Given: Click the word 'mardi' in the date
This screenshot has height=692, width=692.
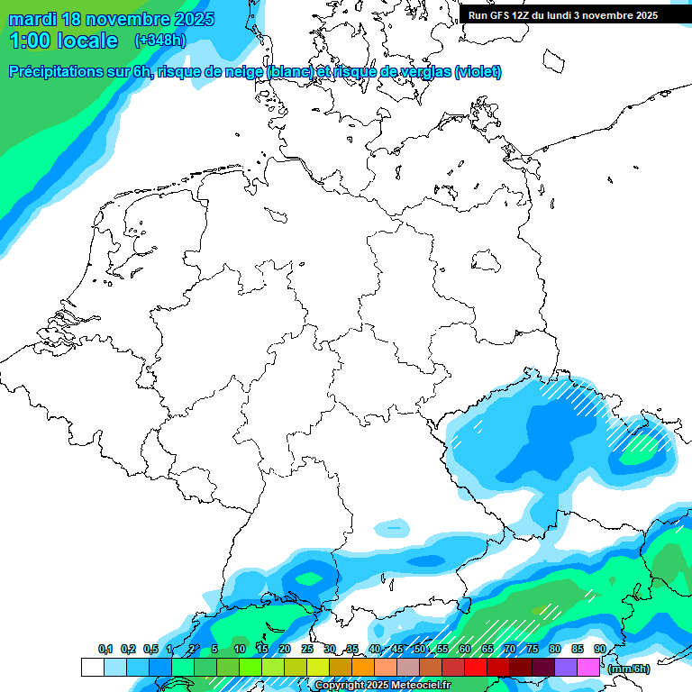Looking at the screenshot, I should (34, 19).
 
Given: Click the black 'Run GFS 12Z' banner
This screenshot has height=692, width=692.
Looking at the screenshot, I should (563, 15).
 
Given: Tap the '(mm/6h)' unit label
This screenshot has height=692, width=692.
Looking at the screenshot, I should (629, 669).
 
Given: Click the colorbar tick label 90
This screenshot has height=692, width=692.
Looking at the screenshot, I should (599, 649).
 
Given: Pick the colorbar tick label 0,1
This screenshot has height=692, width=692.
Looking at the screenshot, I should (105, 649).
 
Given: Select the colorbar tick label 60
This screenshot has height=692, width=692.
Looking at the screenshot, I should (465, 649).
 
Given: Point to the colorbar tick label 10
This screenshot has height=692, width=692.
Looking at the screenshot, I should (240, 649).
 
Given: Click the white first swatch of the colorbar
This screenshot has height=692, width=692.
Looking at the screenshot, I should (92, 668).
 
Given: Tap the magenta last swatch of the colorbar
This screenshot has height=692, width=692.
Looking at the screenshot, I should (588, 668).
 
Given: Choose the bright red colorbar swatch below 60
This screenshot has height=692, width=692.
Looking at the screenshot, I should (476, 668).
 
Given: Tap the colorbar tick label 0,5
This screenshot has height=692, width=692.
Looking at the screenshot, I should (150, 649).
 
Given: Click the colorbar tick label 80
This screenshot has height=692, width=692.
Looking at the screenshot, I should (555, 649).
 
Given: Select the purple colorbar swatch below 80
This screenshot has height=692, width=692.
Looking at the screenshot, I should (566, 668).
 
